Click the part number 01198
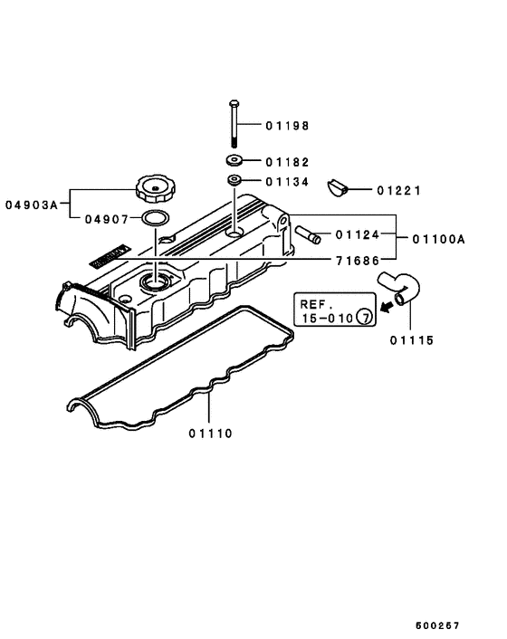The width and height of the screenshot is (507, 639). tap(287, 126)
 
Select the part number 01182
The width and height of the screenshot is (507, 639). tap(287, 162)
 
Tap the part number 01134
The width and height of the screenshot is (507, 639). tap(287, 182)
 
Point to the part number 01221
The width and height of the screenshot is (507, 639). tap(399, 191)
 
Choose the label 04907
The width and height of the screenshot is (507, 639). tap(107, 219)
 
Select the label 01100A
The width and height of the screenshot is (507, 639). tap(438, 239)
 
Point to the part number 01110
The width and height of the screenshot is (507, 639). tap(211, 433)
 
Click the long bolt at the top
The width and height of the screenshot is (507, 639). tap(234, 122)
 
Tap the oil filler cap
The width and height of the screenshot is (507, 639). tap(154, 189)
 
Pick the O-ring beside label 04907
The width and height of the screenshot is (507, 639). tap(157, 219)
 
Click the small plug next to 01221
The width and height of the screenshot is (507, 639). tap(339, 188)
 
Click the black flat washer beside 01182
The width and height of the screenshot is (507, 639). tap(234, 161)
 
